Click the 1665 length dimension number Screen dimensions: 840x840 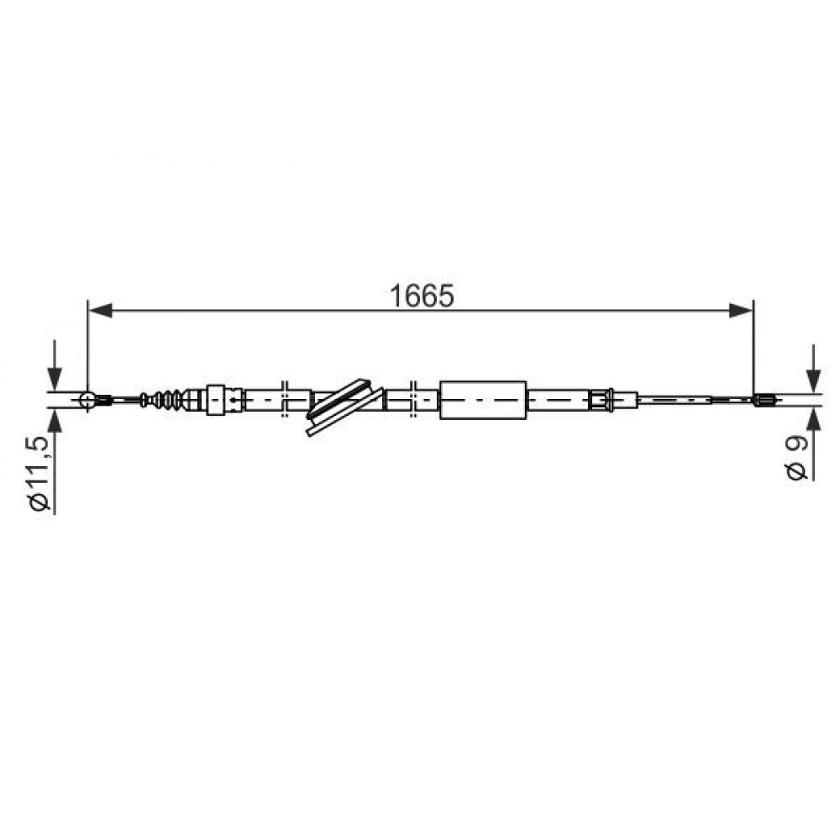[423, 296]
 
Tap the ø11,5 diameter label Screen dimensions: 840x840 [40, 473]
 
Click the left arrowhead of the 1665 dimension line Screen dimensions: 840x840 [100, 310]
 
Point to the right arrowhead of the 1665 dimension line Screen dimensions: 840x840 [741, 310]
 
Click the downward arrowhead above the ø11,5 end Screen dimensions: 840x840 [55, 379]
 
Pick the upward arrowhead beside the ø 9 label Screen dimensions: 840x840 [814, 420]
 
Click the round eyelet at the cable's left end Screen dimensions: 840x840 [87, 400]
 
